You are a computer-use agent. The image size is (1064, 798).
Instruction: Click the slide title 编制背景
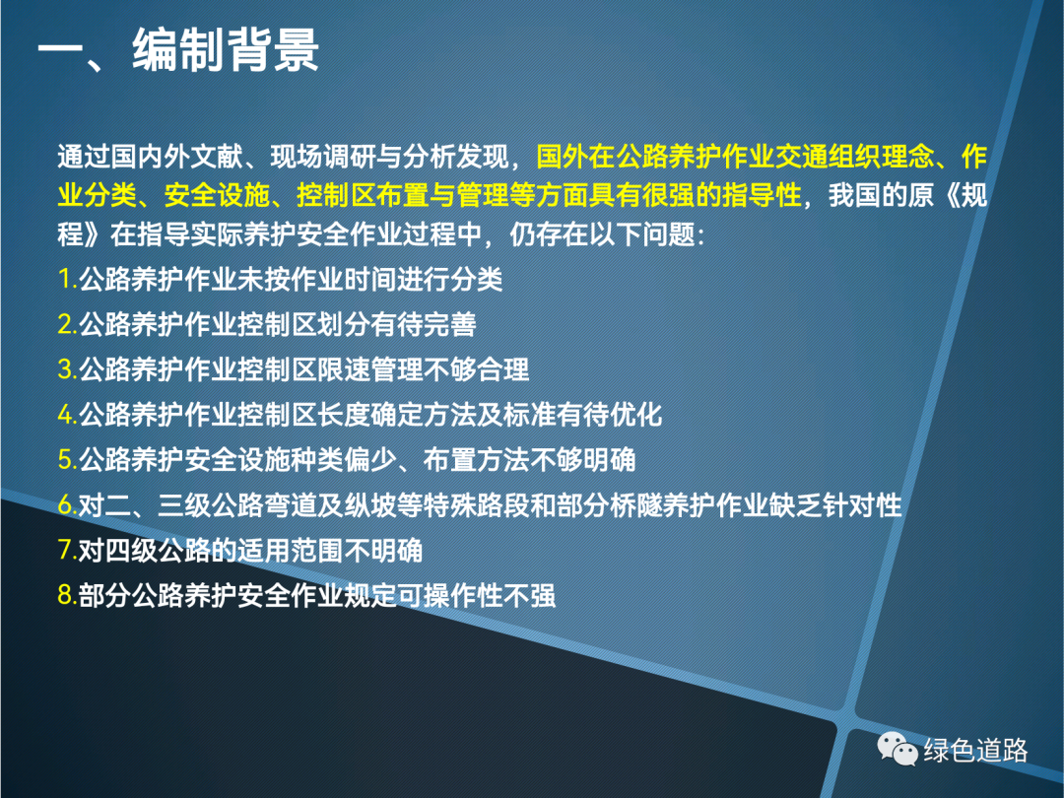[226, 49]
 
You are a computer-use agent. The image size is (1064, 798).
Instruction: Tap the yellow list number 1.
[65, 279]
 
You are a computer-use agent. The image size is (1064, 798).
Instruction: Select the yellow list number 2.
[65, 324]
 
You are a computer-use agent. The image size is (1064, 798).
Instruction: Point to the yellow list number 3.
[65, 369]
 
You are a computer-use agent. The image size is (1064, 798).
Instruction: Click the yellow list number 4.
[65, 415]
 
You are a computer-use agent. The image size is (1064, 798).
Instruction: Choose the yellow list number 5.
[65, 459]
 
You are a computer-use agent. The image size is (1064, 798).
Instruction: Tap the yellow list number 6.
[65, 504]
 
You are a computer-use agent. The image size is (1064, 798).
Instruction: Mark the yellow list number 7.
[65, 550]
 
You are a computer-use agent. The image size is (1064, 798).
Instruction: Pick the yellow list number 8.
[65, 595]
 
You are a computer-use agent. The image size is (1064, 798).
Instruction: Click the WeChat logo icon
[898, 749]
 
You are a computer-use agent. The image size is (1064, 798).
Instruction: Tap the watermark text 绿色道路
[975, 751]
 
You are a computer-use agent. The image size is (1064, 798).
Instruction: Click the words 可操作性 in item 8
[450, 596]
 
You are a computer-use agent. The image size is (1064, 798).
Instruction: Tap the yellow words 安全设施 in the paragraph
[217, 196]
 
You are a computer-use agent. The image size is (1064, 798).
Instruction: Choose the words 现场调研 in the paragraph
[323, 158]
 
